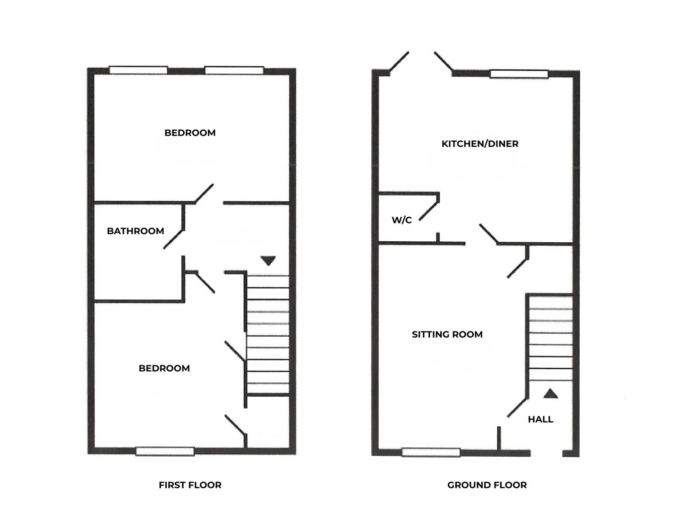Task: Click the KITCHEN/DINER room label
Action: click(x=479, y=144)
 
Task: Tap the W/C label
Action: click(x=402, y=220)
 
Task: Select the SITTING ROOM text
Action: click(x=447, y=334)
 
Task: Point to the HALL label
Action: click(x=540, y=419)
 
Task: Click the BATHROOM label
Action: click(x=135, y=231)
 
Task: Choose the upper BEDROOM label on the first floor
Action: click(x=190, y=133)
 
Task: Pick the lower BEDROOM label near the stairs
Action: click(x=164, y=368)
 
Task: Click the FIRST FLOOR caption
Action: click(x=190, y=485)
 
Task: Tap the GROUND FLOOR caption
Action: click(x=487, y=485)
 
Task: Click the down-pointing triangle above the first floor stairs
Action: click(x=268, y=261)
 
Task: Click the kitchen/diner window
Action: click(x=519, y=74)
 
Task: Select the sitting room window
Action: click(x=431, y=452)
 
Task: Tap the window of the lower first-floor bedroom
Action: click(x=165, y=451)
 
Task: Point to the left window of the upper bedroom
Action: click(x=138, y=70)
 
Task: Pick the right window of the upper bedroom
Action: click(x=234, y=70)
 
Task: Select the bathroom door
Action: click(x=173, y=239)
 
